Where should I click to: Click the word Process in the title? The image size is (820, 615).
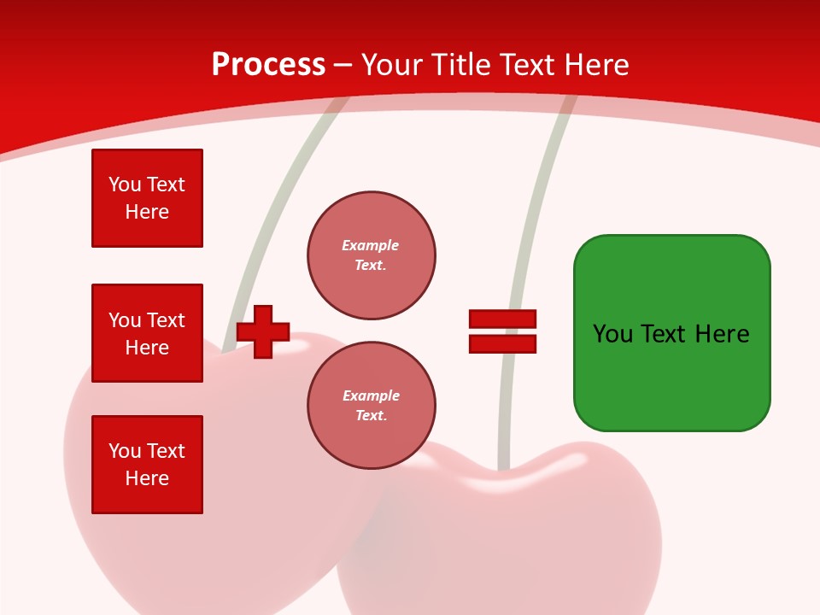pyautogui.click(x=268, y=65)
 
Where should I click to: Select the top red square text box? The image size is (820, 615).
pyautogui.click(x=147, y=198)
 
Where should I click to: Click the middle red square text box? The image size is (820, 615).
pyautogui.click(x=147, y=333)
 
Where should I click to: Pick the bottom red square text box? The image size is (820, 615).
pyautogui.click(x=147, y=465)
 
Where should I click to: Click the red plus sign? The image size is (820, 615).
pyautogui.click(x=263, y=331)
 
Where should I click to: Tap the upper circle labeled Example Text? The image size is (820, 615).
pyautogui.click(x=372, y=255)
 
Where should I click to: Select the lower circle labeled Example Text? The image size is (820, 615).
pyautogui.click(x=372, y=406)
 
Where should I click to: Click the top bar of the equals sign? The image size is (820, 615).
pyautogui.click(x=502, y=319)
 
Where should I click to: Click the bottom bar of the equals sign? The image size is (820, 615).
pyautogui.click(x=502, y=344)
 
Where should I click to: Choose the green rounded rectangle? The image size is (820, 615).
pyautogui.click(x=671, y=376)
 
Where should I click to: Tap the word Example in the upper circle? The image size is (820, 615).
pyautogui.click(x=371, y=245)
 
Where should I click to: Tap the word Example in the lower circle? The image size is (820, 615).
pyautogui.click(x=371, y=395)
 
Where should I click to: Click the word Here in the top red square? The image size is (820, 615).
pyautogui.click(x=147, y=212)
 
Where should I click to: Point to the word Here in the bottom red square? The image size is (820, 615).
pyautogui.click(x=147, y=478)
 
